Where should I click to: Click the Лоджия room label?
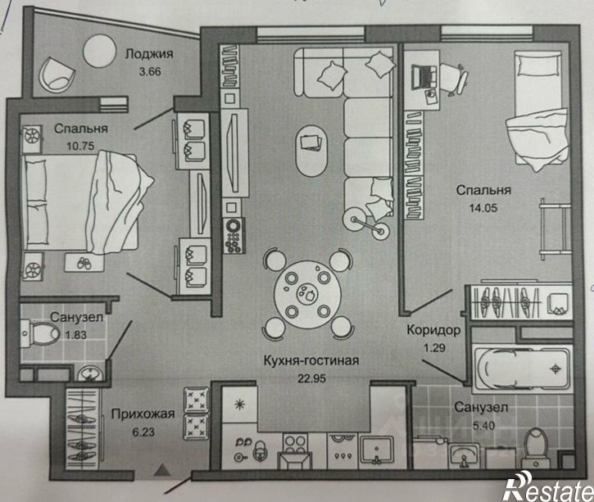click(149, 53)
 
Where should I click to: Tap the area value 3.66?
click(150, 71)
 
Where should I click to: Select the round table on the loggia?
click(99, 51)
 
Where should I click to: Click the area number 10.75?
click(80, 146)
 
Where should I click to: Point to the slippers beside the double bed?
click(84, 263)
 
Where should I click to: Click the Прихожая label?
click(143, 414)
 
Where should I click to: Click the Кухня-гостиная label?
click(311, 360)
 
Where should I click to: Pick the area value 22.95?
click(311, 378)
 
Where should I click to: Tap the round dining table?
click(307, 294)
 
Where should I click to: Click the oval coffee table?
click(311, 151)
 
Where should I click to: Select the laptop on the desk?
click(424, 77)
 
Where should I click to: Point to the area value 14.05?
click(483, 207)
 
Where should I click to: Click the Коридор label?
click(433, 330)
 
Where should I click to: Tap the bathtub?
click(523, 369)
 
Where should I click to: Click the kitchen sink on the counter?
click(377, 450)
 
